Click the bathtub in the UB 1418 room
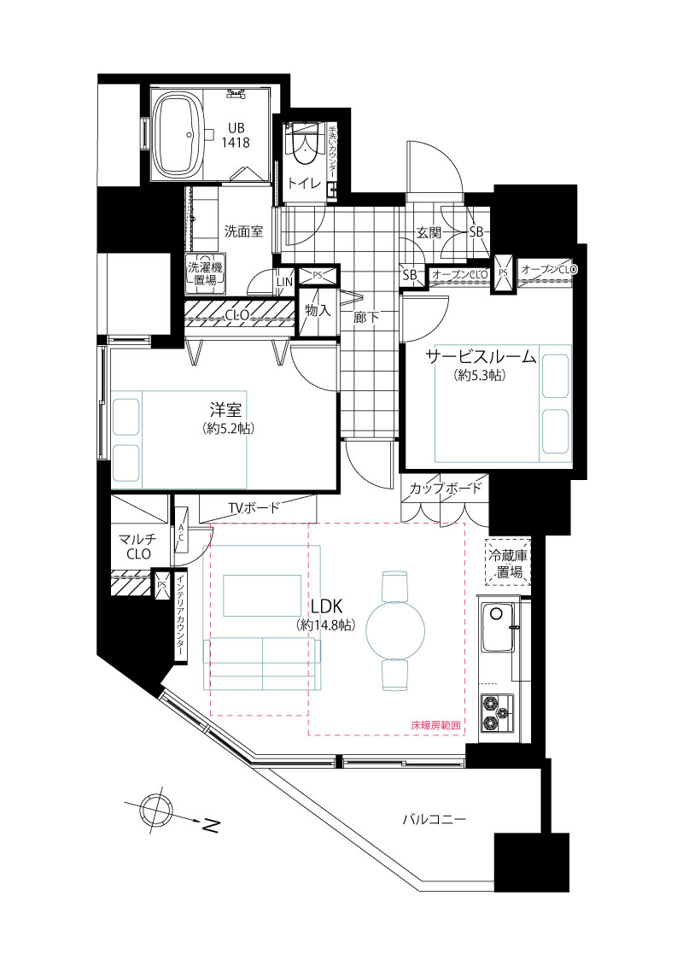point(183,136)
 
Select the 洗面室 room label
point(244,232)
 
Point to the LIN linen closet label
point(284,282)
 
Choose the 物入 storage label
point(318,311)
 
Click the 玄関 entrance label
point(429,233)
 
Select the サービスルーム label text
point(482,356)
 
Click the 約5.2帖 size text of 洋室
point(229,429)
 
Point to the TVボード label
point(254,507)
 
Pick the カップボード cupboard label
point(446,489)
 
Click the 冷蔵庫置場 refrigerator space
point(506,563)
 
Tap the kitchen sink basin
point(498,628)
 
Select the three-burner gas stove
point(496,713)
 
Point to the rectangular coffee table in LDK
point(262,595)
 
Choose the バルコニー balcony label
point(435,819)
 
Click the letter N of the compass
point(211,825)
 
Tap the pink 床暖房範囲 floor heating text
point(435,726)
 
